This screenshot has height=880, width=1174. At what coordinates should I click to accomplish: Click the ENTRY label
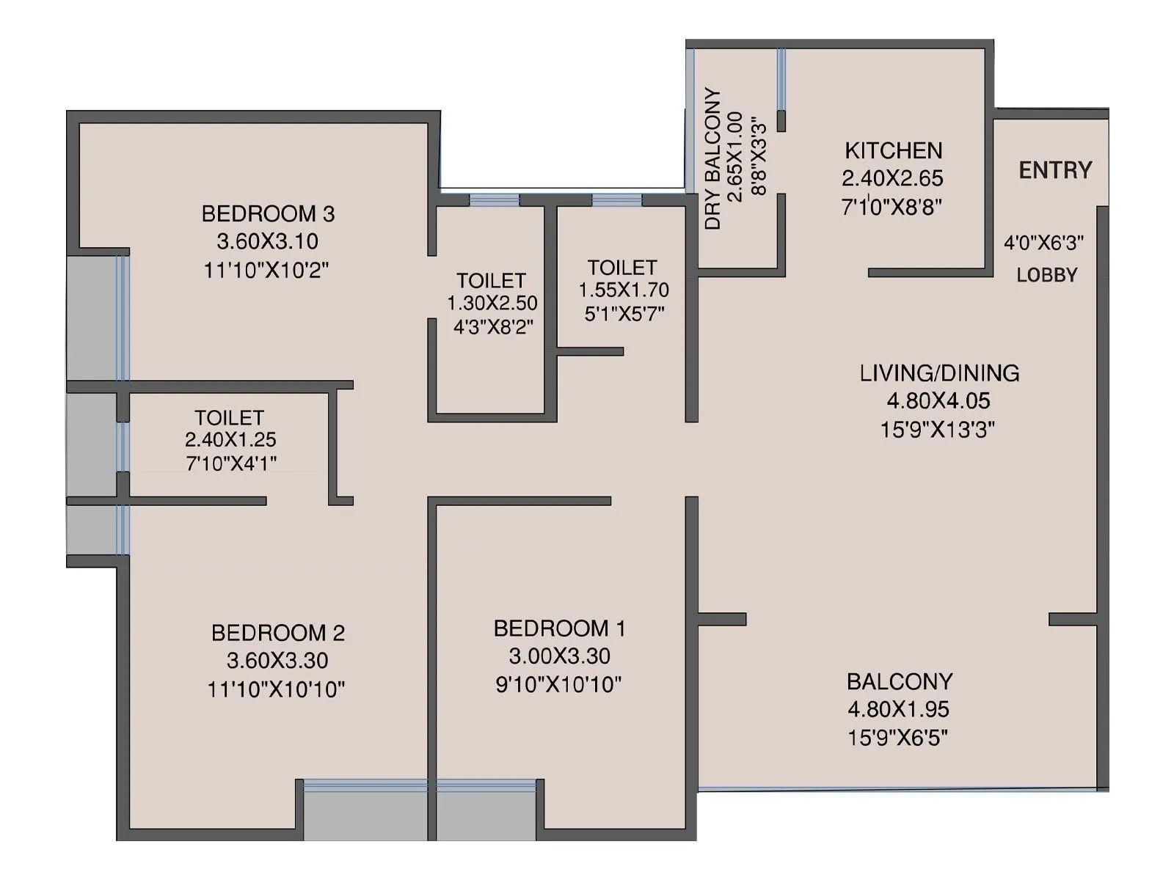(x=1055, y=170)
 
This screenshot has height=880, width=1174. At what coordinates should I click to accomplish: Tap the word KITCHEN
(x=893, y=150)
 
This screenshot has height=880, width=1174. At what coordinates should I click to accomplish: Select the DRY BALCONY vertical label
(x=712, y=158)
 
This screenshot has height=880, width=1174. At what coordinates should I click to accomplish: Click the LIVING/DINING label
(x=939, y=373)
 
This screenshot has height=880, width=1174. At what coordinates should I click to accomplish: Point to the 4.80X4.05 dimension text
(x=938, y=400)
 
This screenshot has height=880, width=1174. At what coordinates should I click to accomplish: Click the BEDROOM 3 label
(x=268, y=213)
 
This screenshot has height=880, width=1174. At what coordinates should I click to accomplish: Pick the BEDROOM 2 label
(x=278, y=632)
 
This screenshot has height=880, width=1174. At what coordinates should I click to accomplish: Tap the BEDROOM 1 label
(x=559, y=628)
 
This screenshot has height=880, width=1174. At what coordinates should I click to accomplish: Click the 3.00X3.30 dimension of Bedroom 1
(x=559, y=656)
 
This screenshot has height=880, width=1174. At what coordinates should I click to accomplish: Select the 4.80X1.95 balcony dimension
(x=898, y=709)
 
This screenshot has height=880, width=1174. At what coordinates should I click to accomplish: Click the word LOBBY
(x=1047, y=275)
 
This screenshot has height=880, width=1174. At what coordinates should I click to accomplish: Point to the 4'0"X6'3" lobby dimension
(x=1043, y=242)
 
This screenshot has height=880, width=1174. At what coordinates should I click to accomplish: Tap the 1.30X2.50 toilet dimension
(x=492, y=303)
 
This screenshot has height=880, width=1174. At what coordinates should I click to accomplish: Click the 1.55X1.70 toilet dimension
(x=624, y=290)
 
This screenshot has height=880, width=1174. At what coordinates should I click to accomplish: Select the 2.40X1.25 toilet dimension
(x=230, y=439)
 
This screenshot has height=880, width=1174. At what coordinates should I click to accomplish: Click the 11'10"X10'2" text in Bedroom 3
(x=266, y=270)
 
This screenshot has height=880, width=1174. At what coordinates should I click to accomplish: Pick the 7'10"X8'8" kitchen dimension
(x=892, y=206)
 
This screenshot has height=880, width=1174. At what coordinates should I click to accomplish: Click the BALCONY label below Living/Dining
(x=900, y=681)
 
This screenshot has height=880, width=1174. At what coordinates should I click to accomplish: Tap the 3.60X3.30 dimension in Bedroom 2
(x=277, y=660)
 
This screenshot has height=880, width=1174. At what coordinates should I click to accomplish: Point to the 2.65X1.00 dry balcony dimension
(x=735, y=157)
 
